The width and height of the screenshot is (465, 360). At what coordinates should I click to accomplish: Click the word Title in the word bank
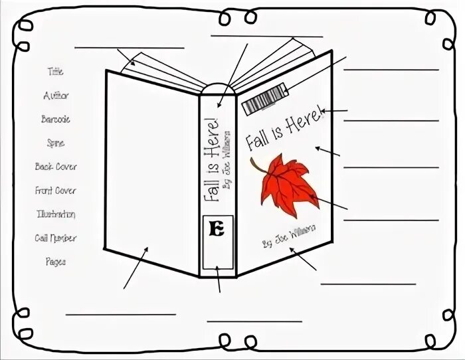[55, 72]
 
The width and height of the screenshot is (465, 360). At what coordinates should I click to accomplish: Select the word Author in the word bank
[56, 96]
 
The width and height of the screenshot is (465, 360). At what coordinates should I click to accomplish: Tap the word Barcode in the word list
[55, 120]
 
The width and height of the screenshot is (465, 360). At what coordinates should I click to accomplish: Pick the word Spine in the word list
[56, 143]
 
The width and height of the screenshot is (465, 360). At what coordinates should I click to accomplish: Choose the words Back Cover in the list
[56, 167]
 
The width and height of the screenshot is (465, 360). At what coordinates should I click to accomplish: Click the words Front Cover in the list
[56, 191]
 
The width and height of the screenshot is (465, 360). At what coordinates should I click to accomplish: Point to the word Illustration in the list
[56, 215]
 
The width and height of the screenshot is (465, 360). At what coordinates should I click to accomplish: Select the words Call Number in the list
[56, 238]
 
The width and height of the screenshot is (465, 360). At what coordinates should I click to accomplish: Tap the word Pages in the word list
[56, 262]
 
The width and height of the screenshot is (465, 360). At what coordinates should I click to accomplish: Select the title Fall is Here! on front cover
[282, 129]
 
